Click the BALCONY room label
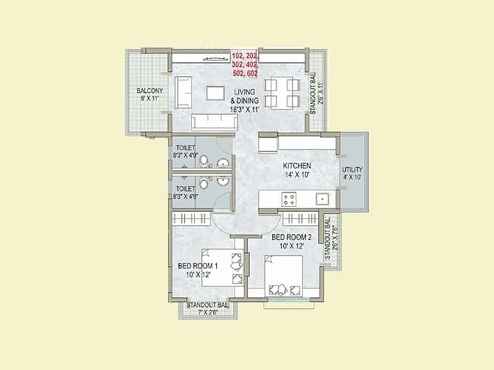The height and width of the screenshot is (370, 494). click(x=149, y=91)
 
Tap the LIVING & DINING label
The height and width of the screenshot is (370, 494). click(x=245, y=96)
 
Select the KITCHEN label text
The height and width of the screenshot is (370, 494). click(x=296, y=166)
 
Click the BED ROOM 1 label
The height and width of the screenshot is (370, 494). click(x=198, y=266)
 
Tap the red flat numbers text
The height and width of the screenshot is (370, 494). click(x=245, y=64)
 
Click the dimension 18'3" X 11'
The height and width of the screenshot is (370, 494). click(x=245, y=109)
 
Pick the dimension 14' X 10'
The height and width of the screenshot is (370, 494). click(x=296, y=175)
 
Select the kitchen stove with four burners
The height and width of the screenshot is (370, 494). click(x=288, y=199)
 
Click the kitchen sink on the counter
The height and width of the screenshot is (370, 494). click(x=321, y=199)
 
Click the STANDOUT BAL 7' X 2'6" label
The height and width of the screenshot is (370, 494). click(x=207, y=308)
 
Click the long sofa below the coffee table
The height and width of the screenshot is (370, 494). click(x=214, y=121)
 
